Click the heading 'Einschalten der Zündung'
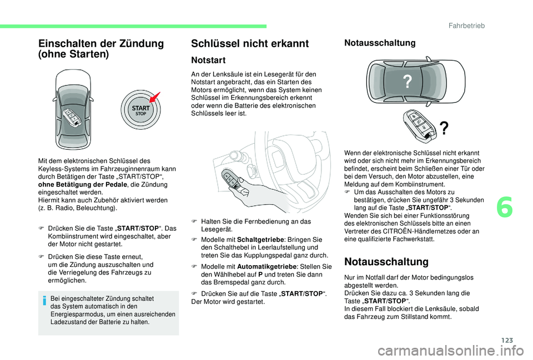click(x=100, y=44)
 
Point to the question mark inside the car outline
click(x=408, y=83)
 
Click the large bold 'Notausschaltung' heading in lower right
click(x=386, y=261)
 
